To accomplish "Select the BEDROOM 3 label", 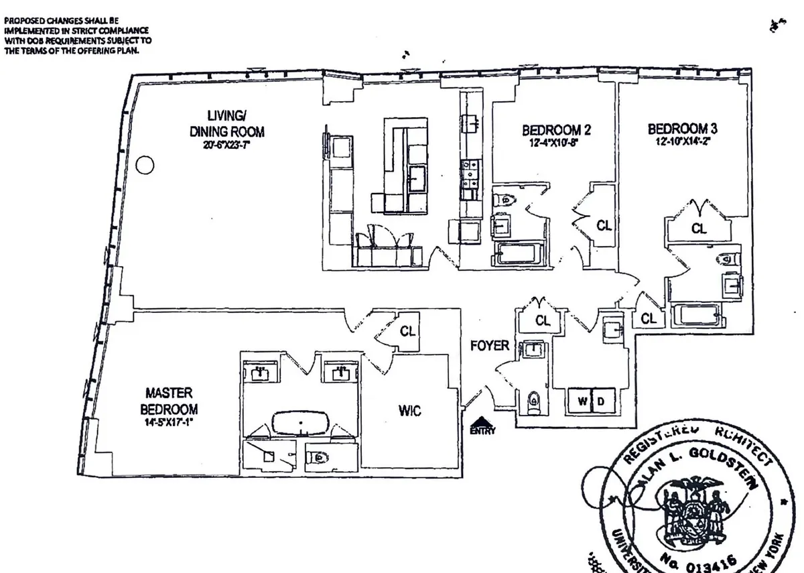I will (x=677, y=128).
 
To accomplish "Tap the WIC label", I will (x=409, y=411).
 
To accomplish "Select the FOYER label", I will (x=490, y=346).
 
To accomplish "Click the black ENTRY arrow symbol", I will (x=482, y=423).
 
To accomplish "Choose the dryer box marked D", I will (x=601, y=400).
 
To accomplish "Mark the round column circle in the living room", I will (x=144, y=164).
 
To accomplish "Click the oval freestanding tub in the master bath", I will (x=300, y=424).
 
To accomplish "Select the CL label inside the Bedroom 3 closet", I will (x=699, y=229).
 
